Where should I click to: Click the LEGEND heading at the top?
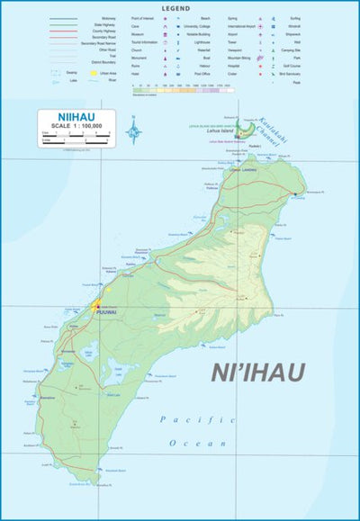(176, 7)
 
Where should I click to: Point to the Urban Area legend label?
(110, 74)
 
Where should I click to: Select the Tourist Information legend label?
(144, 42)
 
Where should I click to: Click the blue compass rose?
(134, 133)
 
